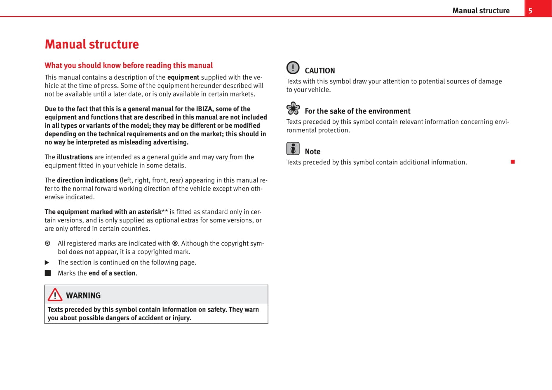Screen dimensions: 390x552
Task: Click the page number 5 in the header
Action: (x=531, y=11)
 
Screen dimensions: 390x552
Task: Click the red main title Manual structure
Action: (x=92, y=44)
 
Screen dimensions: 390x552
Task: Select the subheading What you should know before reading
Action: (x=129, y=65)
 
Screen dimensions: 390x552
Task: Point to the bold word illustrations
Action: (x=75, y=157)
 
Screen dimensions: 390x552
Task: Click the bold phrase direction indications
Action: (x=87, y=180)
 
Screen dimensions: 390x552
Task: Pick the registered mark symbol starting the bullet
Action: (x=47, y=243)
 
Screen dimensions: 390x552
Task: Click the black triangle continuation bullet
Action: (x=47, y=262)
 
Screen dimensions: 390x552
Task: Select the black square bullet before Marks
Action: (x=48, y=273)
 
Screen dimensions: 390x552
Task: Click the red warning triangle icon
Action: (x=55, y=295)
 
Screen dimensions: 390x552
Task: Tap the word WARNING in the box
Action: (x=83, y=295)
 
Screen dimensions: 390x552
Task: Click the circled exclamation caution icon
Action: (x=293, y=67)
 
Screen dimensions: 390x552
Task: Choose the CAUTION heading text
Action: (x=319, y=71)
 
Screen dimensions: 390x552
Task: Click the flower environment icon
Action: (x=293, y=108)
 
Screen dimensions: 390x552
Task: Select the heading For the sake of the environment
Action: (x=357, y=111)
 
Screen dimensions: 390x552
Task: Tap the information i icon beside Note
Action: (x=293, y=149)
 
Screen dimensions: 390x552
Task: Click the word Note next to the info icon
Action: (x=312, y=151)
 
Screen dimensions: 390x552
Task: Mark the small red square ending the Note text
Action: (x=513, y=162)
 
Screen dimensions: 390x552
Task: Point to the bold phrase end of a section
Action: (x=112, y=273)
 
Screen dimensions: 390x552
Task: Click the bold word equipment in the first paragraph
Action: (x=183, y=77)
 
